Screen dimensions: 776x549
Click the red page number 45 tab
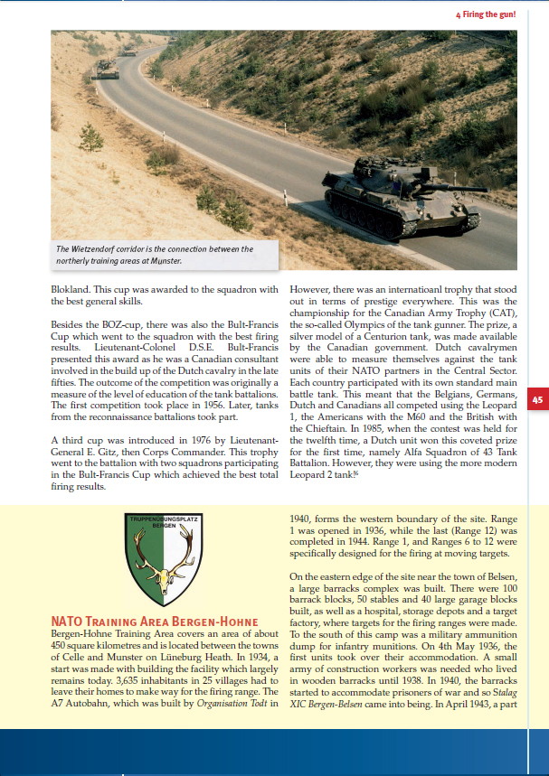pos(537,399)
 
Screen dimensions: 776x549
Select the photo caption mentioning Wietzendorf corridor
pos(155,255)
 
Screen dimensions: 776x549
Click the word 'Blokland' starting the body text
pos(72,289)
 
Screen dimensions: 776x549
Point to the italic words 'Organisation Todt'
pos(232,703)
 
